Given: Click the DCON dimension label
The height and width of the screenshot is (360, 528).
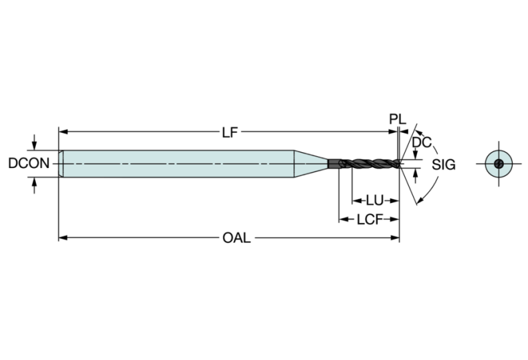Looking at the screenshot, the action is [x=29, y=163].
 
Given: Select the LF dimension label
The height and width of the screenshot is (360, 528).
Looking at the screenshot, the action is [x=230, y=132].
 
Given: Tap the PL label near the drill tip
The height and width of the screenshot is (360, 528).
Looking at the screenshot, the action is [x=397, y=119].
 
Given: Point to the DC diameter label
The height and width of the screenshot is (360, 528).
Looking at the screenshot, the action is [x=421, y=142].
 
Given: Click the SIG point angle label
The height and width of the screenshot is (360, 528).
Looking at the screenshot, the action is [x=443, y=165].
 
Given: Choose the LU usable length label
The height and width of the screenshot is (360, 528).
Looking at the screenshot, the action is [x=374, y=201].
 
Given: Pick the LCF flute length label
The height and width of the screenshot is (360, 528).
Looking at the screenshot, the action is [x=370, y=220].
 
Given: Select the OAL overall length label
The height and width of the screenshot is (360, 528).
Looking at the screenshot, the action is [x=236, y=238].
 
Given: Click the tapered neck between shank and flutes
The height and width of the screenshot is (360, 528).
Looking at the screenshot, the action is [x=310, y=164].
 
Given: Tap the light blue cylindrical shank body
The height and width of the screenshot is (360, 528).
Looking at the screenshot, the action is [x=178, y=164].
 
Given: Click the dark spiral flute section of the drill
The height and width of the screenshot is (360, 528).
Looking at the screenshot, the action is [x=370, y=164].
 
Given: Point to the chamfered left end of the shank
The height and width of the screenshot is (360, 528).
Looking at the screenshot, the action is [x=61, y=164].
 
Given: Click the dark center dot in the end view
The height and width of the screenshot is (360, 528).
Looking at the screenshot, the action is [x=498, y=164].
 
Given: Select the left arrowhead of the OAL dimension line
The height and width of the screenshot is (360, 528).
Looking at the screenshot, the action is [x=63, y=237].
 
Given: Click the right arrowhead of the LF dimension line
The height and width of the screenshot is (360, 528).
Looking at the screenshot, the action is [x=393, y=131].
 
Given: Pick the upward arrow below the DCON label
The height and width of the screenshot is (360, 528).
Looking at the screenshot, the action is [x=34, y=185].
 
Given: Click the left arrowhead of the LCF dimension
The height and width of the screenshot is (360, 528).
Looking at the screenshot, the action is [x=343, y=220].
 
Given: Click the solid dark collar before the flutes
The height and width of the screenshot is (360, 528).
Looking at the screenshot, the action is [x=335, y=164].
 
